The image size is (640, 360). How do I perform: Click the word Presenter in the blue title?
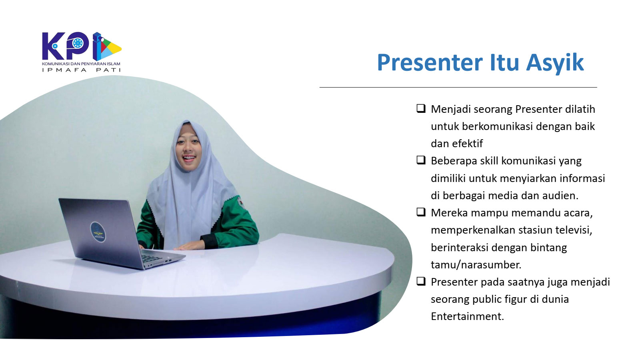tap(430, 62)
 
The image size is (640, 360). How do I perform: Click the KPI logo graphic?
tap(82, 46)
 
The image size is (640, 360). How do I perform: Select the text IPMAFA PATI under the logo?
tap(82, 70)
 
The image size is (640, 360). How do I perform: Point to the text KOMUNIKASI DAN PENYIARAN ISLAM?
tap(81, 64)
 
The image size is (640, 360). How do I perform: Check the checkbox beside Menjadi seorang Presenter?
tap(421, 108)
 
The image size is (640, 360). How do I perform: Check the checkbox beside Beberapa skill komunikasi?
tap(421, 160)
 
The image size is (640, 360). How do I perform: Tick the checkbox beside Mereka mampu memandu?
tap(421, 212)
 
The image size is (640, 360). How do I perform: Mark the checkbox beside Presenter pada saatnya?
tap(421, 282)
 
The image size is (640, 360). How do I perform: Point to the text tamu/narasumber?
tap(476, 265)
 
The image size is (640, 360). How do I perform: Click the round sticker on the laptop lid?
tap(98, 232)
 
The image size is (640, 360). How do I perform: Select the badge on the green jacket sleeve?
tap(240, 202)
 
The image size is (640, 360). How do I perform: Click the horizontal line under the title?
tap(458, 87)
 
